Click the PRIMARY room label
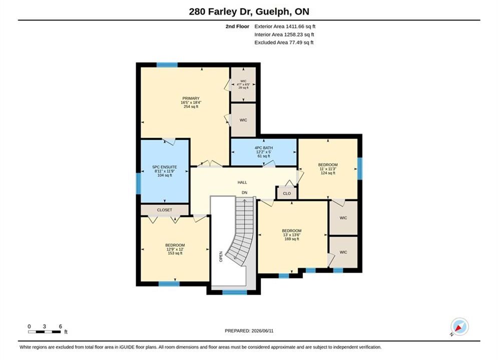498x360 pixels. (191, 98)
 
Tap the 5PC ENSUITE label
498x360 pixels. (165, 167)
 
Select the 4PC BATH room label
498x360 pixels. (264, 148)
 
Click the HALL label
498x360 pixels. (242, 182)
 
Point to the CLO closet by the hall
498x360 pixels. (287, 193)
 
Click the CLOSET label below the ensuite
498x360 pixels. (165, 210)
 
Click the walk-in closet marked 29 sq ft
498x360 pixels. (243, 84)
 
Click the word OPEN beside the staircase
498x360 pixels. (221, 256)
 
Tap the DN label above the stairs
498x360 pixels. (245, 192)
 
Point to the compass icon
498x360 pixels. (459, 326)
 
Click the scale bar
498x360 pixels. (44, 332)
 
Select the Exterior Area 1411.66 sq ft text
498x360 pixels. (285, 26)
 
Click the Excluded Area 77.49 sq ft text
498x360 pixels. (284, 42)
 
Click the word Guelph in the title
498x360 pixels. (272, 11)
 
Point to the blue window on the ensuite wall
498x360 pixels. (138, 183)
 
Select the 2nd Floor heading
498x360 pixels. (237, 26)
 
